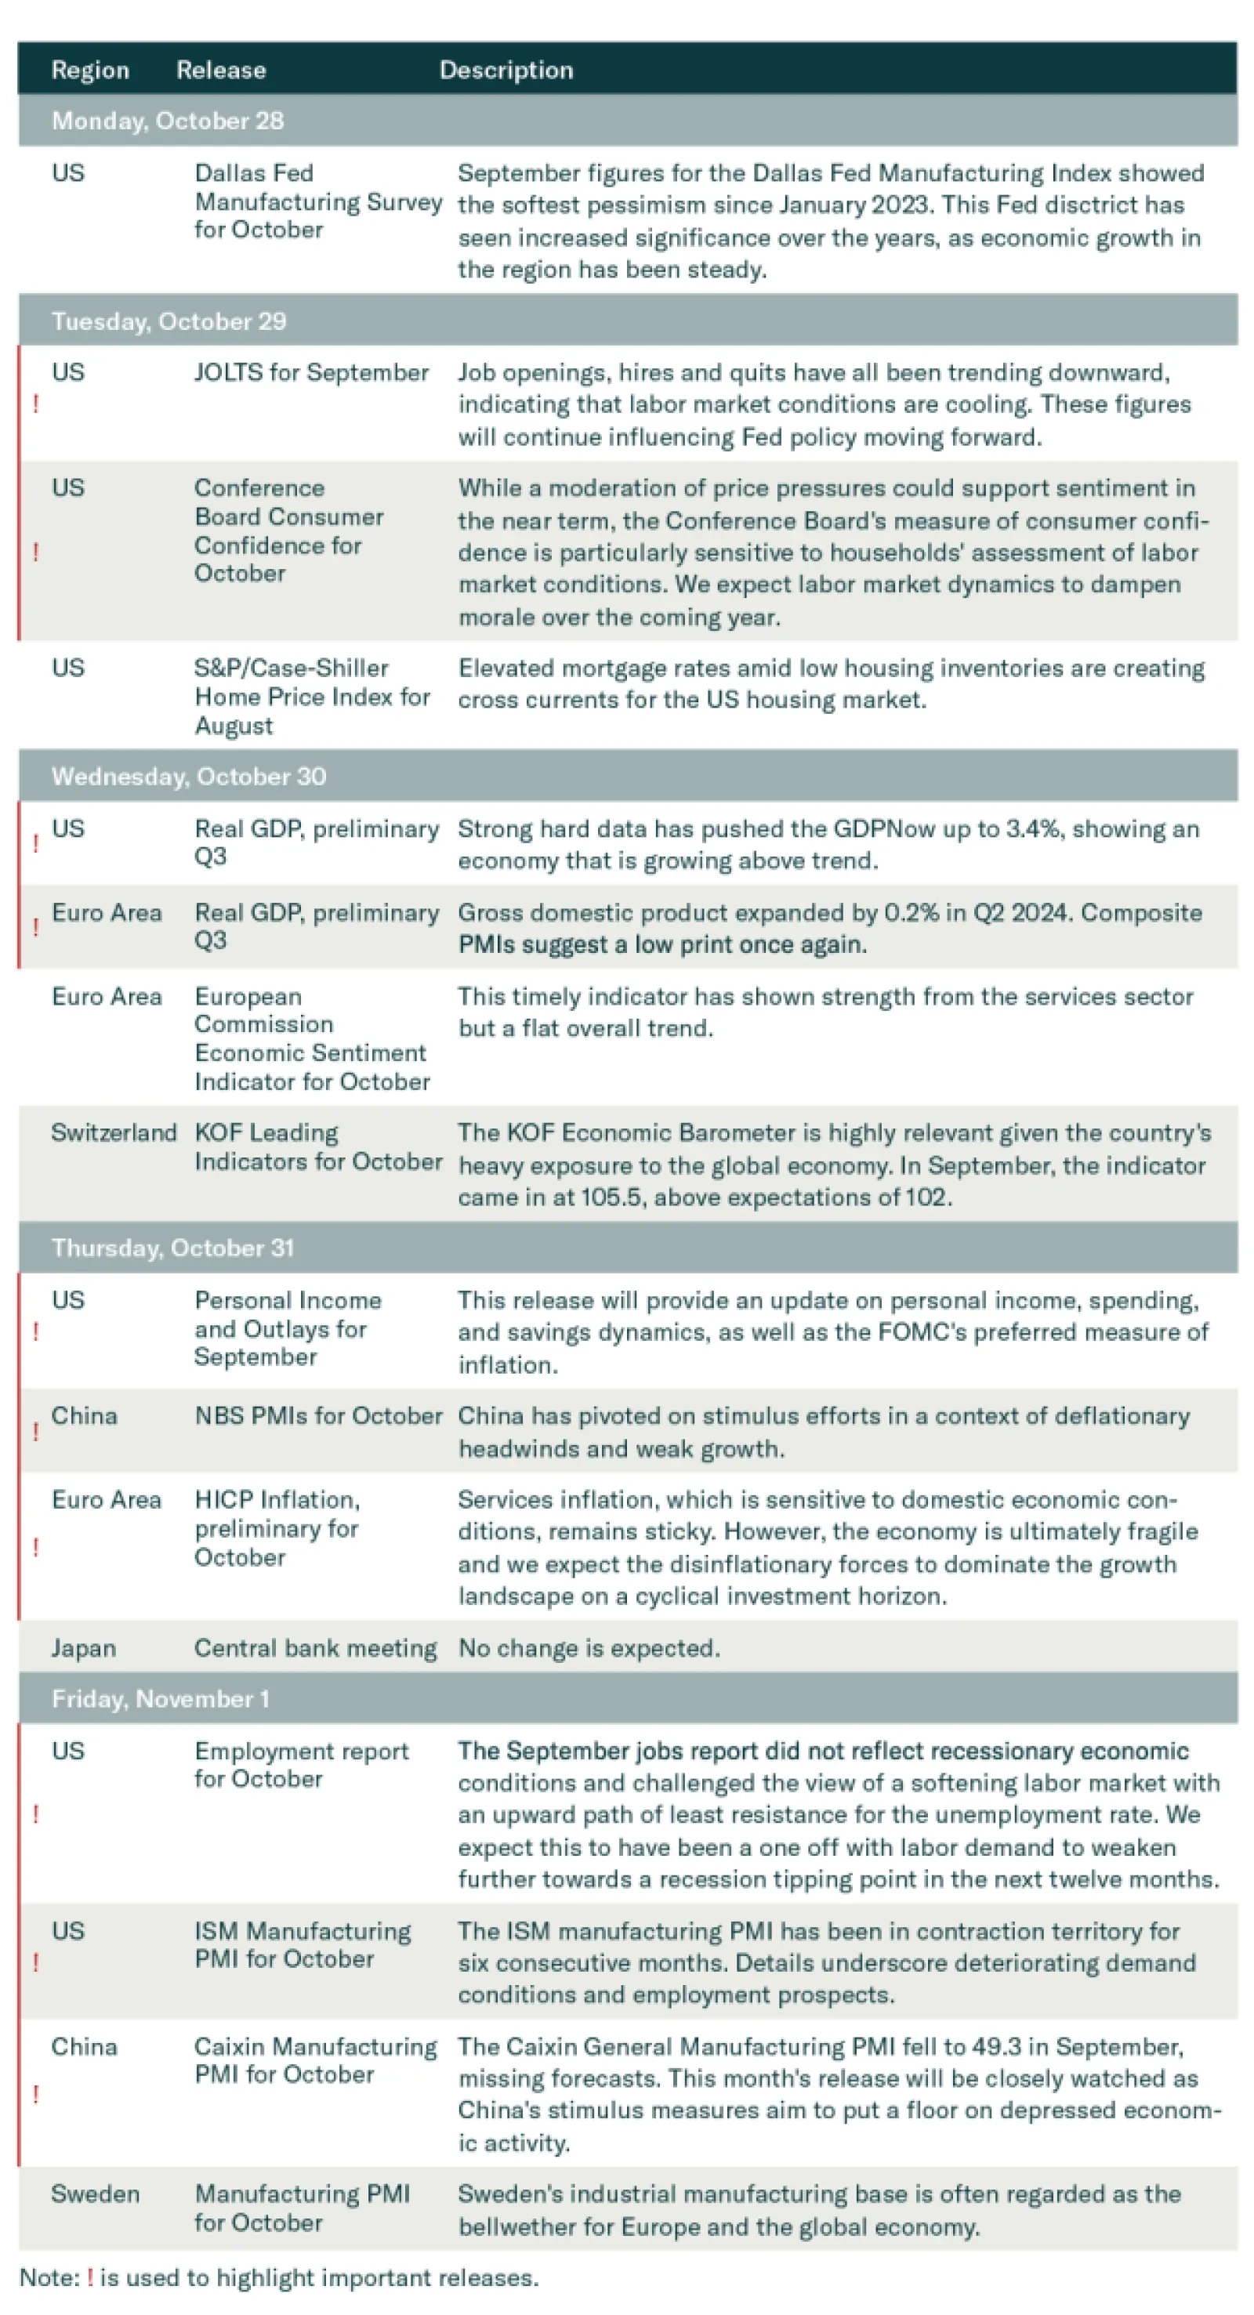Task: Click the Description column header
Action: pos(506,70)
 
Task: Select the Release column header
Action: pos(221,70)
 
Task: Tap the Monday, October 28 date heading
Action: pos(167,121)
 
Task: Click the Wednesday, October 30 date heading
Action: pos(189,777)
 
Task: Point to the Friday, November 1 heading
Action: pos(160,1698)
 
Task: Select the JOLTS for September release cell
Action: pos(311,373)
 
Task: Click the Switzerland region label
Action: pos(114,1132)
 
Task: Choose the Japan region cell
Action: pos(84,1648)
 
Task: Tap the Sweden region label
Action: pos(96,2194)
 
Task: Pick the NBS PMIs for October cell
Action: pos(318,1415)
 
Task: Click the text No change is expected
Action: pos(589,1648)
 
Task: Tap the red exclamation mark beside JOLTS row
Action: pos(36,404)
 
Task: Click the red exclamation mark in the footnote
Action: pos(90,2278)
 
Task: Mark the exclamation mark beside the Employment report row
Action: pos(36,1814)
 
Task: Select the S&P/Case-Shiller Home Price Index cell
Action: pos(311,697)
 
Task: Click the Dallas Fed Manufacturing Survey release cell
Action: pos(317,201)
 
